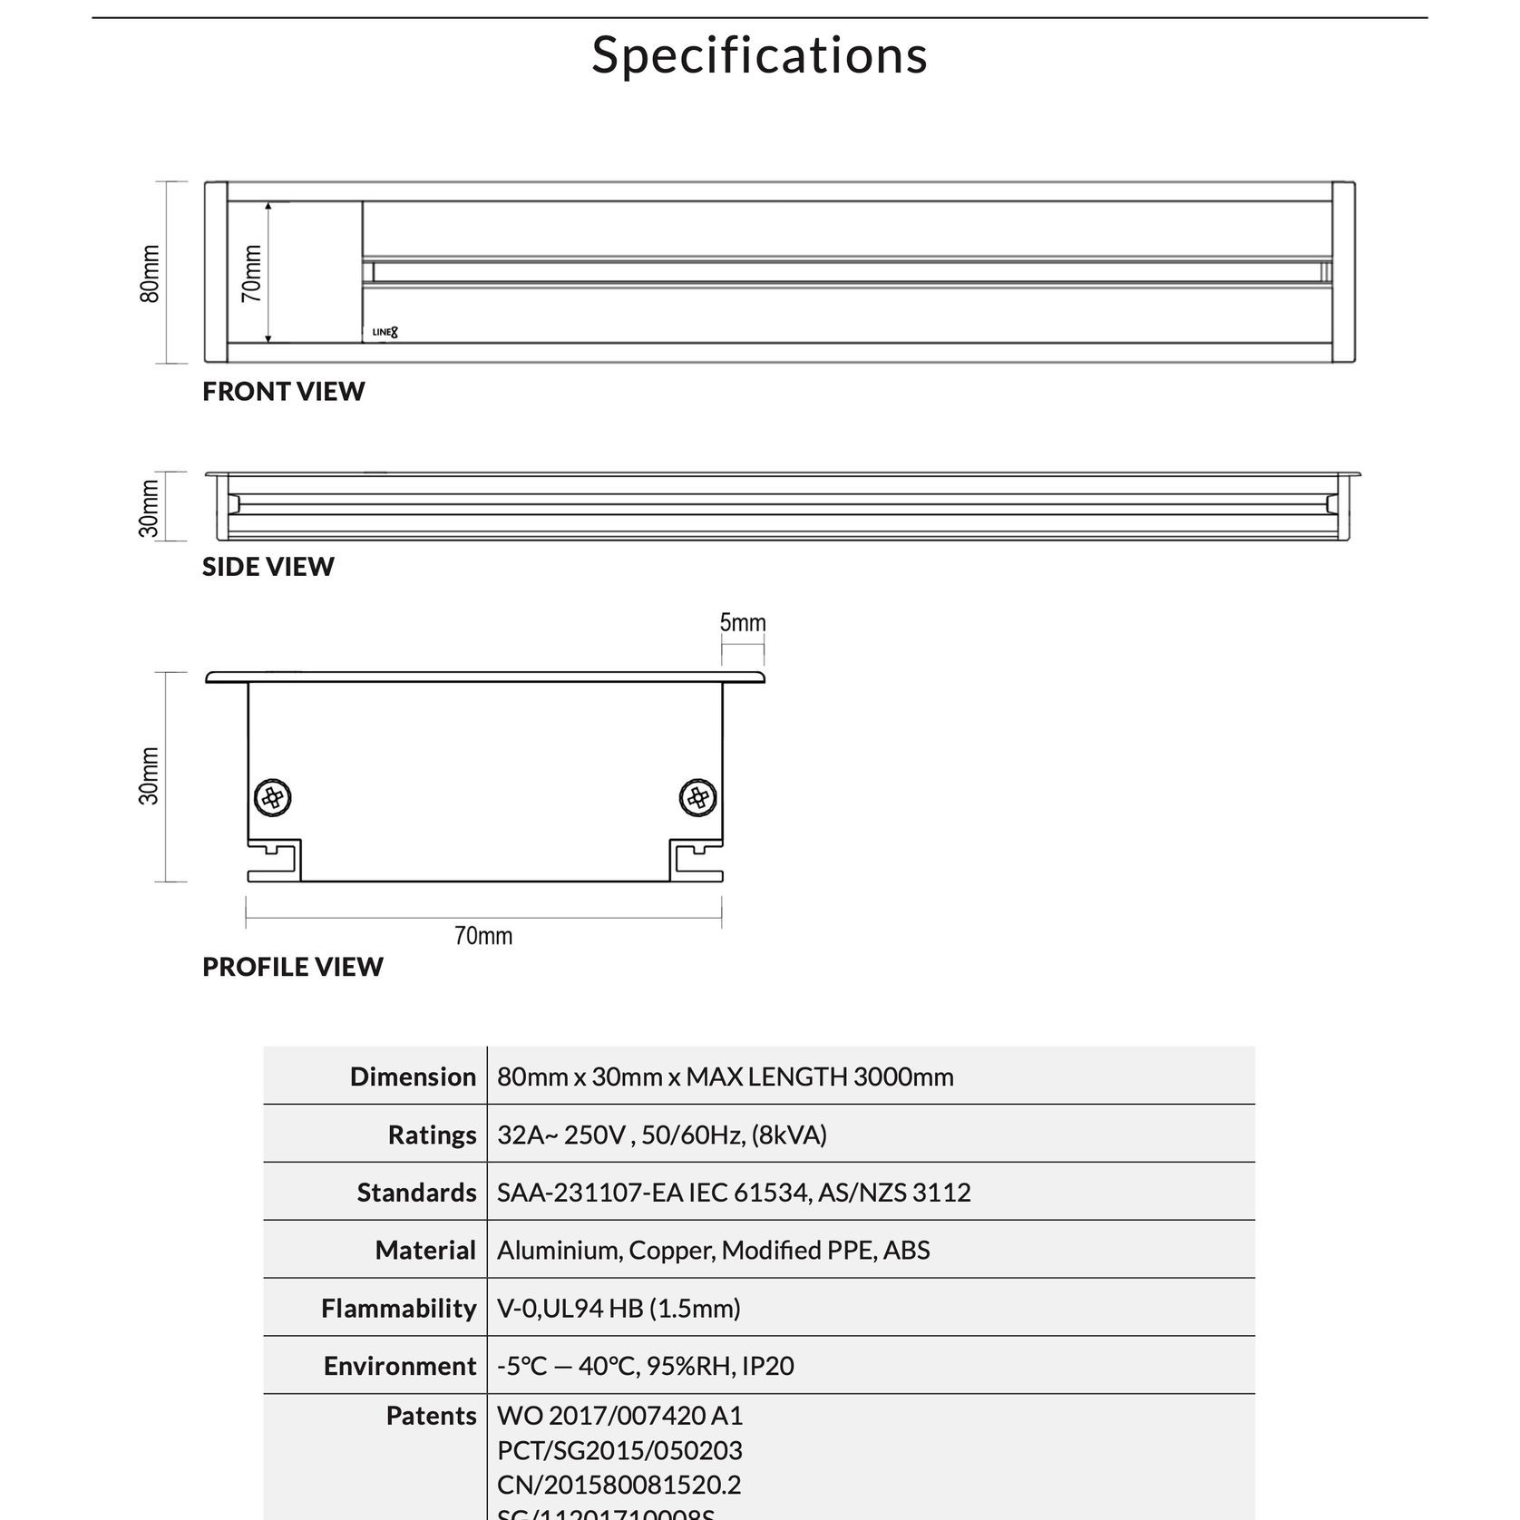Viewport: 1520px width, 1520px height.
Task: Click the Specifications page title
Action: (x=759, y=55)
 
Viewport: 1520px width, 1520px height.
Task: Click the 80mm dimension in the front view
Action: (x=151, y=274)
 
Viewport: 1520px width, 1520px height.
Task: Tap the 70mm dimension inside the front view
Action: (x=252, y=273)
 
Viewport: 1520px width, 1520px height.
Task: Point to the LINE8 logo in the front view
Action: (x=385, y=332)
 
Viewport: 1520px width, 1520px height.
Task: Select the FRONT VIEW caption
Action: (x=283, y=392)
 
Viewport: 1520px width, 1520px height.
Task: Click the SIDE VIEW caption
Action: (x=268, y=567)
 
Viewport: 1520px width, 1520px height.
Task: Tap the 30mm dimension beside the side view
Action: (x=150, y=508)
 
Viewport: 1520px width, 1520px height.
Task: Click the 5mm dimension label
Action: (x=743, y=623)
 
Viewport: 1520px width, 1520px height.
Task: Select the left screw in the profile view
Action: (x=272, y=798)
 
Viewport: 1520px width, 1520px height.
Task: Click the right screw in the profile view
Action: (x=698, y=798)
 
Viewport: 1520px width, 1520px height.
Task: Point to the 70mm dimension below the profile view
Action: (x=483, y=936)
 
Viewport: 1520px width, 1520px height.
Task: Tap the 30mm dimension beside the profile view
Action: (x=150, y=776)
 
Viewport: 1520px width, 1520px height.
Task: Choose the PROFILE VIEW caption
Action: (x=292, y=967)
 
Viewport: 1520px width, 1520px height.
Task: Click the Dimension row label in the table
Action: (x=413, y=1077)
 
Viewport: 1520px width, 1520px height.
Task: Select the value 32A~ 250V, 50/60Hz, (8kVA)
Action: (x=662, y=1135)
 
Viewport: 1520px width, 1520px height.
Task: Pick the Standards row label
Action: (x=416, y=1193)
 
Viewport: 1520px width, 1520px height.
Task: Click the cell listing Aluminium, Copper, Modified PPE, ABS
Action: (x=713, y=1251)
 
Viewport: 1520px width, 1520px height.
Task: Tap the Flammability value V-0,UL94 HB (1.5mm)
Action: (x=619, y=1309)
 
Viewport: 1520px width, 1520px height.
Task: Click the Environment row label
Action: (x=399, y=1366)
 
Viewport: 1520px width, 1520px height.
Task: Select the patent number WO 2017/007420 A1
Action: (x=619, y=1416)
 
